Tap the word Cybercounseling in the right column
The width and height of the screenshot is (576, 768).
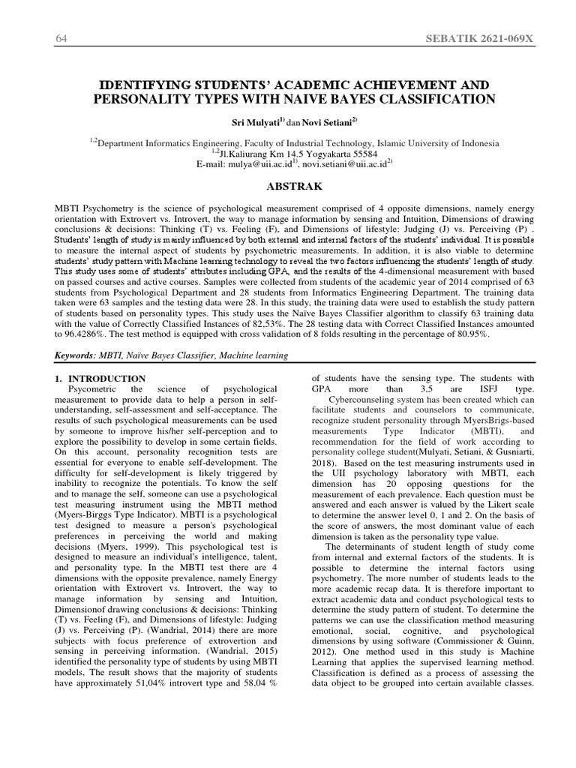364,400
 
